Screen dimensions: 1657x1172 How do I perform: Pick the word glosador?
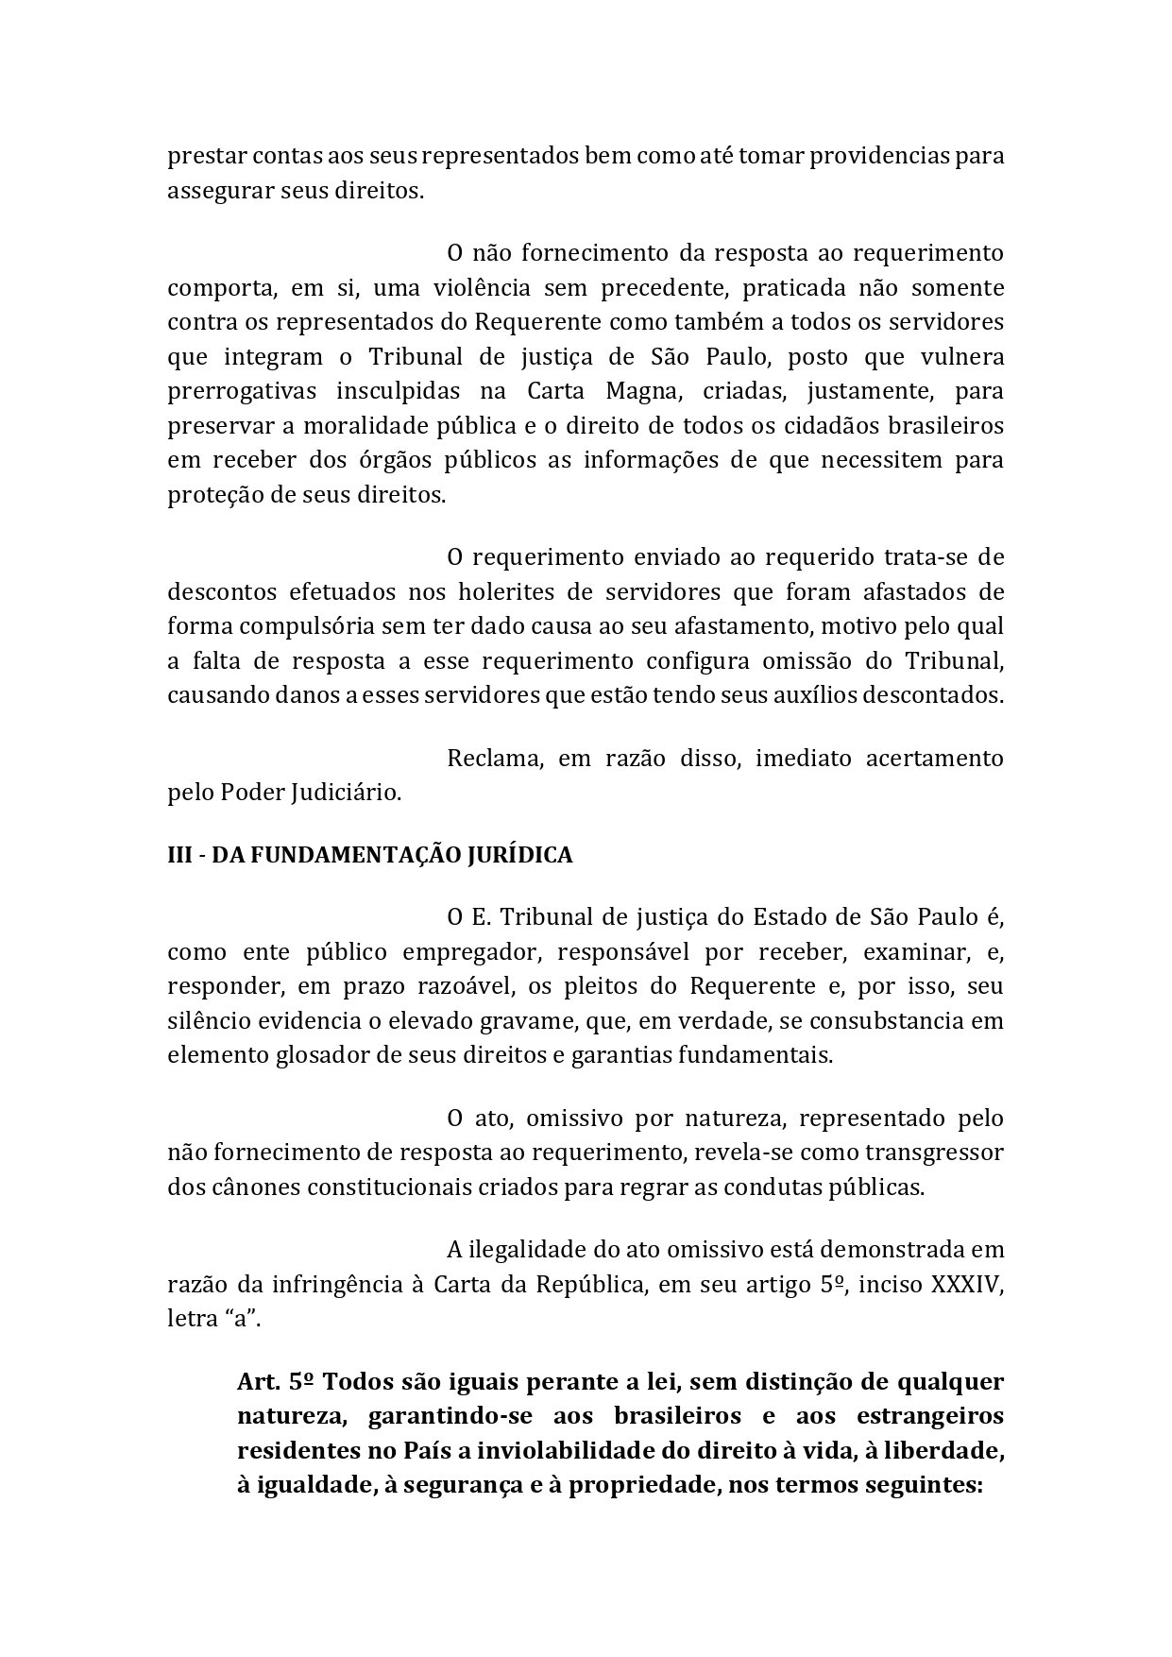coord(319,1055)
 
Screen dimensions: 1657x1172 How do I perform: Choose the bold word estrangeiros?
coord(930,1416)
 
